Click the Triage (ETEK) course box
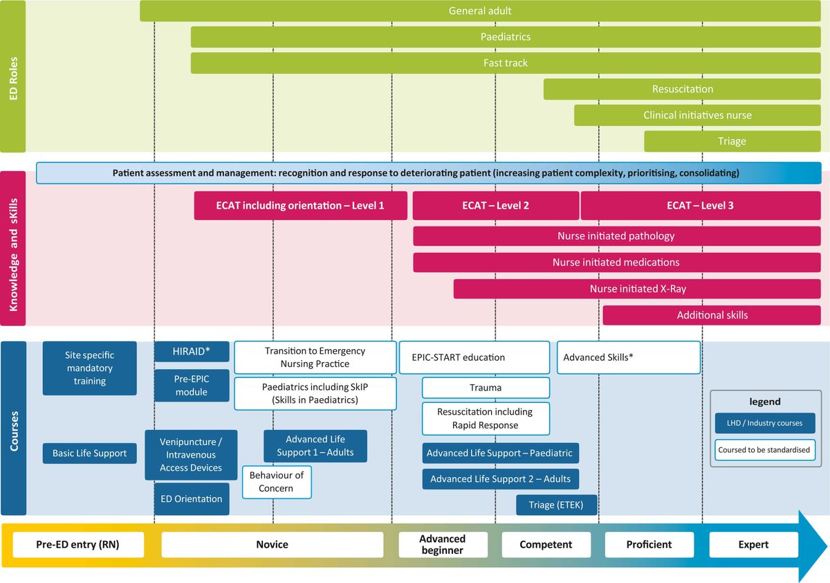[x=556, y=505]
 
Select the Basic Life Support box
[x=90, y=454]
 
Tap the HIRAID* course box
[x=192, y=352]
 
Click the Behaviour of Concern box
[x=277, y=482]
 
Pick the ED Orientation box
[x=192, y=499]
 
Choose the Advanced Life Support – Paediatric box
[x=500, y=454]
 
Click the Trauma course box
[x=486, y=388]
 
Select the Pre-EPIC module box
[x=192, y=385]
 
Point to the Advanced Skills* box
[x=628, y=357]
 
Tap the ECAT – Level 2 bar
[x=496, y=206]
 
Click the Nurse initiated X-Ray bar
[x=638, y=289]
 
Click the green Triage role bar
[x=732, y=141]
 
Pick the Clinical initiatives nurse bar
[x=697, y=115]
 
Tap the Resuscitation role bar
[x=683, y=89]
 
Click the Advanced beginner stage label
[x=443, y=544]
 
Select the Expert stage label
[x=753, y=544]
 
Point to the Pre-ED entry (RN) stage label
[x=77, y=544]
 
